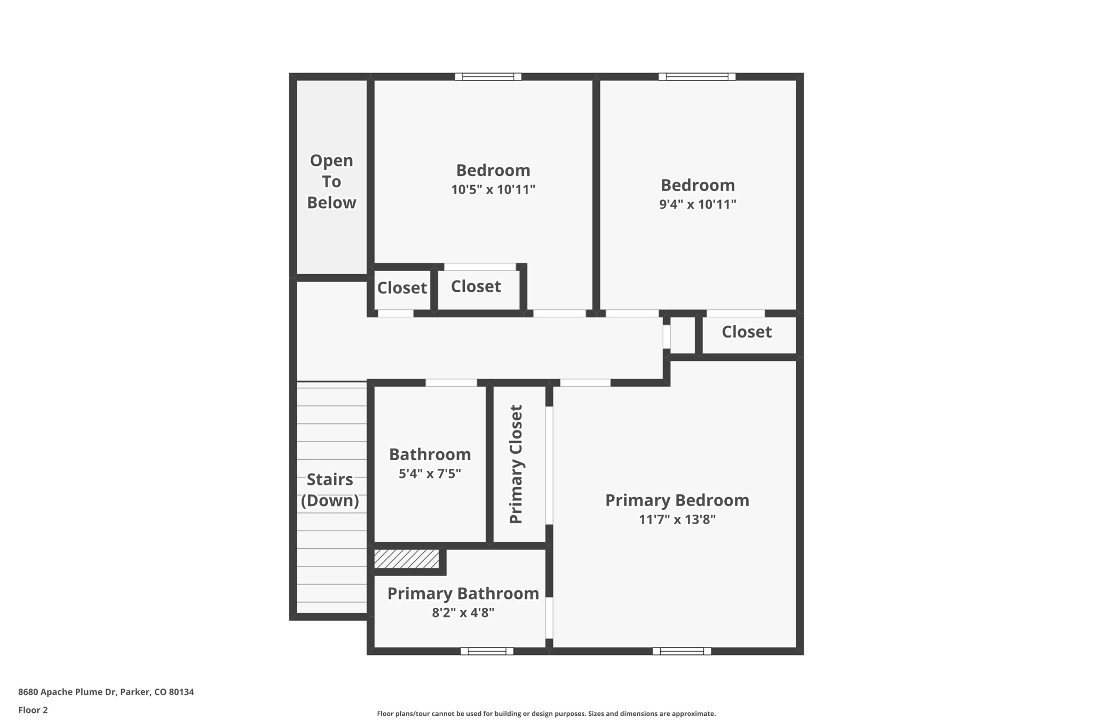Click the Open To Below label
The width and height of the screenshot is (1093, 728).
coord(331,181)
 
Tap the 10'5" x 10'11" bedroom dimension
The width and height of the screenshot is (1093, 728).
coord(493,189)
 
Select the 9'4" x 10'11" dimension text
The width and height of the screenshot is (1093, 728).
coord(697,204)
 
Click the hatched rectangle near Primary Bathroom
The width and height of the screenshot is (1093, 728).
coord(406,559)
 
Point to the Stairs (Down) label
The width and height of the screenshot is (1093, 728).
coord(330,490)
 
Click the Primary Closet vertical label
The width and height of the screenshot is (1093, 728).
coord(516,464)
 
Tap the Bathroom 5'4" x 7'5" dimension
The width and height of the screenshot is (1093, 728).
coord(430,474)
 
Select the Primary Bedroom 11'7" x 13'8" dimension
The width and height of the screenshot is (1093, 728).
coord(677,519)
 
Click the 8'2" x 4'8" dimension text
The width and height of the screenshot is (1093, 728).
coord(463,613)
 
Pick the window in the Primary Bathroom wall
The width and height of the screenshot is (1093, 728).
coord(487,651)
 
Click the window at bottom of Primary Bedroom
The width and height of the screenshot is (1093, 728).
coord(682,651)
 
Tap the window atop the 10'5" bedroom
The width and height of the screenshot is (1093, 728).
coord(488,77)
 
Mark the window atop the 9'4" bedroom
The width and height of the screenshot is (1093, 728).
coord(696,77)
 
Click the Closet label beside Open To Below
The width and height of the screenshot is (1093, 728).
coord(402,288)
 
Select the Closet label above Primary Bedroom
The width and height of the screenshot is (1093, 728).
coord(746,332)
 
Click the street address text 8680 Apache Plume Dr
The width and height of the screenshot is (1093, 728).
coord(106,692)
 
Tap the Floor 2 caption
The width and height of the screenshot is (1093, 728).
coord(33,710)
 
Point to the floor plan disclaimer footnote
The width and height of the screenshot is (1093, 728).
coord(546,714)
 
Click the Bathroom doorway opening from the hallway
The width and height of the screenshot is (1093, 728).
coord(451,382)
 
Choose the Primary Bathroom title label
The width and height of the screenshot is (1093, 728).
coord(463,593)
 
